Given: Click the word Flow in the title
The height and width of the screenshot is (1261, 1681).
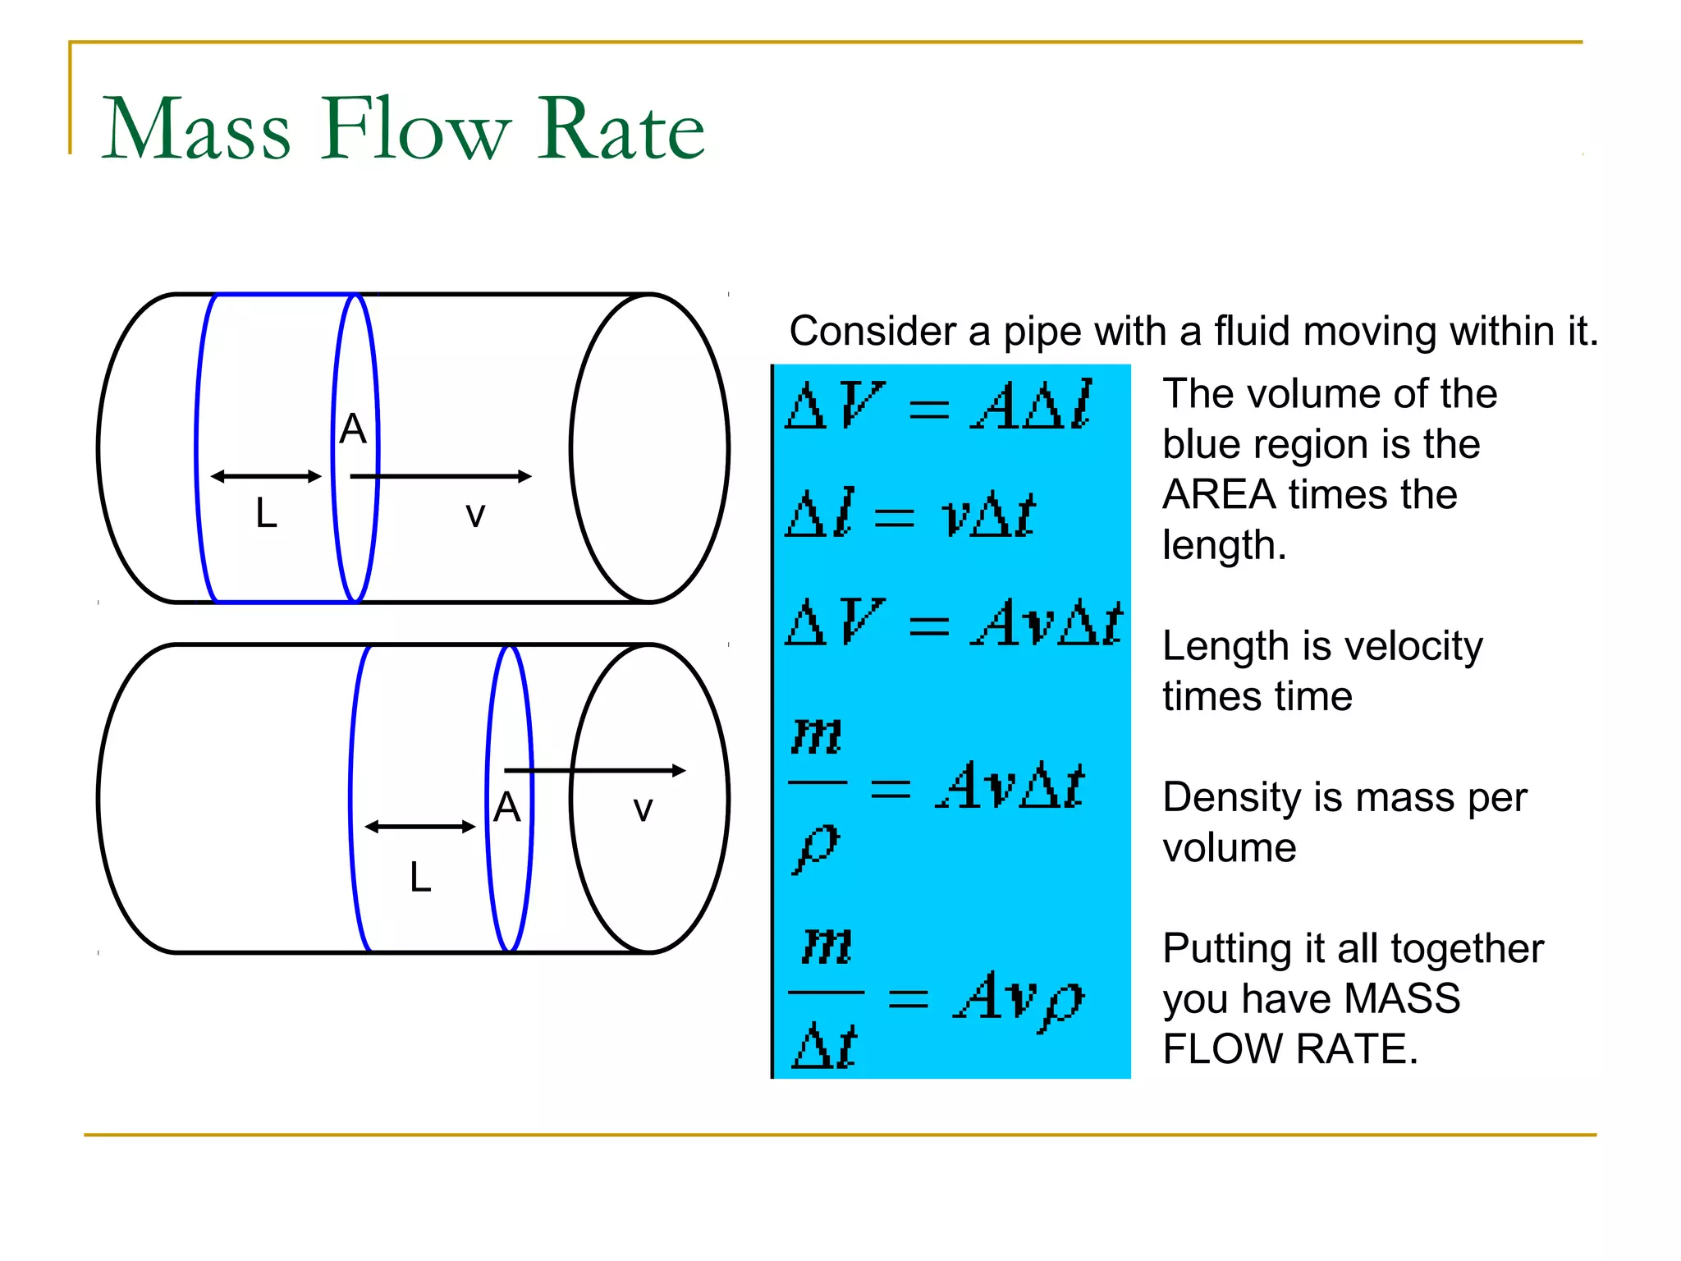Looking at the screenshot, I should pyautogui.click(x=416, y=129).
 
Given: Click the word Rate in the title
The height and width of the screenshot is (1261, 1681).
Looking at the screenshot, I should pyautogui.click(x=621, y=129).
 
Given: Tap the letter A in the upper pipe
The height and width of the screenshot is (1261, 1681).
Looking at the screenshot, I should pyautogui.click(x=353, y=429).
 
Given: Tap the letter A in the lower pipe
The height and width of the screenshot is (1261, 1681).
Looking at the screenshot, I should pyautogui.click(x=507, y=807).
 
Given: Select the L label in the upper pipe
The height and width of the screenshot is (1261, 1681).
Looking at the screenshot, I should pyautogui.click(x=266, y=514).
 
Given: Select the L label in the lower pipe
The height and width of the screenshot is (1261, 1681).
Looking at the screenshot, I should pyautogui.click(x=420, y=878).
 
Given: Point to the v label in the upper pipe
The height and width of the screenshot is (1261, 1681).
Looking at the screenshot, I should pyautogui.click(x=475, y=515).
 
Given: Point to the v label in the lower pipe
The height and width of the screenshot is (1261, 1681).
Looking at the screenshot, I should pyautogui.click(x=643, y=809).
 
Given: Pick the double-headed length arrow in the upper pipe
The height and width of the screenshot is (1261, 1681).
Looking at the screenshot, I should pyautogui.click(x=266, y=476).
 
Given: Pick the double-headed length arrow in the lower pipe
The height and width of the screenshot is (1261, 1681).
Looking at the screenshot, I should pyautogui.click(x=420, y=827).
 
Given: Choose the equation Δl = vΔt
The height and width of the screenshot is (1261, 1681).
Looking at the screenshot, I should pyautogui.click(x=910, y=514).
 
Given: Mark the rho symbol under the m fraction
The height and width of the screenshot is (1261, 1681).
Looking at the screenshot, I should pyautogui.click(x=816, y=847).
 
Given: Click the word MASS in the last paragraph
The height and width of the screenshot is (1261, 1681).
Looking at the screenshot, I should pyautogui.click(x=1403, y=999).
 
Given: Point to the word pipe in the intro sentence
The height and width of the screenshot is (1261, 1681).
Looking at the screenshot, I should pyautogui.click(x=1041, y=332).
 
